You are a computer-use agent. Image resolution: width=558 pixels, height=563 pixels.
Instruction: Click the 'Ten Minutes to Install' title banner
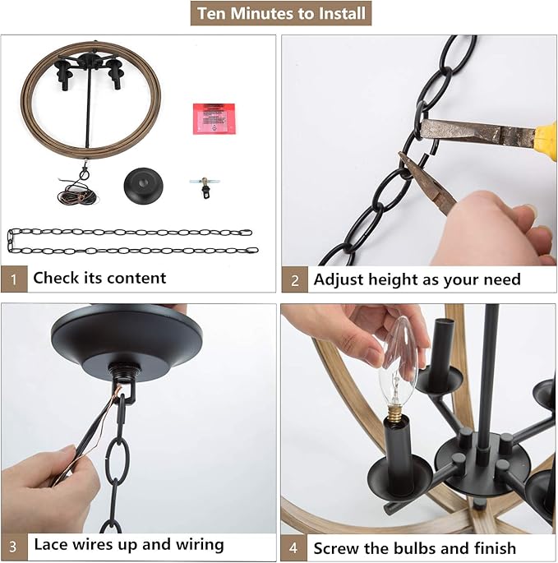[281, 13]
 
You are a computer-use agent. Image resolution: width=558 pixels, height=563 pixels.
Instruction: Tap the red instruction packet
[214, 119]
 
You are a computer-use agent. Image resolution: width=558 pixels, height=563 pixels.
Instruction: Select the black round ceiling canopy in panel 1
[143, 186]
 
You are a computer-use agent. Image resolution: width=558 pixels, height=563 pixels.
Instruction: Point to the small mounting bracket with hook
[205, 187]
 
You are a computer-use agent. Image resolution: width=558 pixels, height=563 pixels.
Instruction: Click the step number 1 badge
[14, 279]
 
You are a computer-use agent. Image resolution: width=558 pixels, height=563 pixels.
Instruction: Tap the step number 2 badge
[295, 279]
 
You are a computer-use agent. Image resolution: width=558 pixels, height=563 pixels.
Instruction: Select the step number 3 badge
[14, 546]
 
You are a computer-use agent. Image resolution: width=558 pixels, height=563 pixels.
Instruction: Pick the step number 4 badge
[293, 548]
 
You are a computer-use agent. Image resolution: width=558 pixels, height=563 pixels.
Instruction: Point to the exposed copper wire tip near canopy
[117, 388]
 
